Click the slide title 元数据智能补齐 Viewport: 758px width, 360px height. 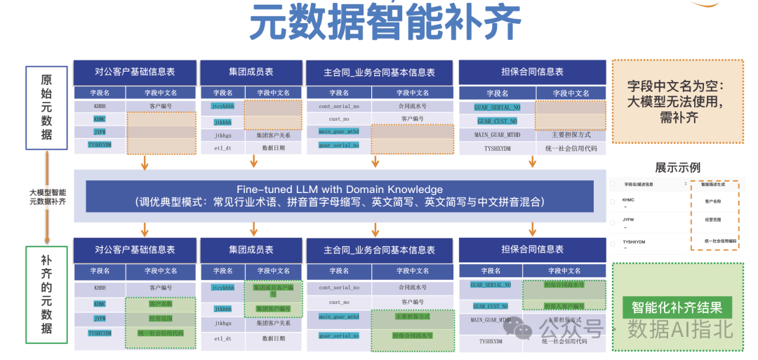(385, 23)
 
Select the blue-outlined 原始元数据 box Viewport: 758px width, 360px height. (46, 107)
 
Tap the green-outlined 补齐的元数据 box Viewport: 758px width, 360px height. (46, 294)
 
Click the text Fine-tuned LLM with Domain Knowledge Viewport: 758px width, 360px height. (339, 189)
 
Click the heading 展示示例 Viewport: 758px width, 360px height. (677, 168)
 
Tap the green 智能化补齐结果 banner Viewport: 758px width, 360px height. (677, 307)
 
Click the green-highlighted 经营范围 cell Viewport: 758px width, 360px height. (161, 319)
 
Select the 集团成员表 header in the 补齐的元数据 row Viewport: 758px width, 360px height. (251, 249)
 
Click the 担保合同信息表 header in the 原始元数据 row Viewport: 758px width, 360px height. (532, 72)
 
